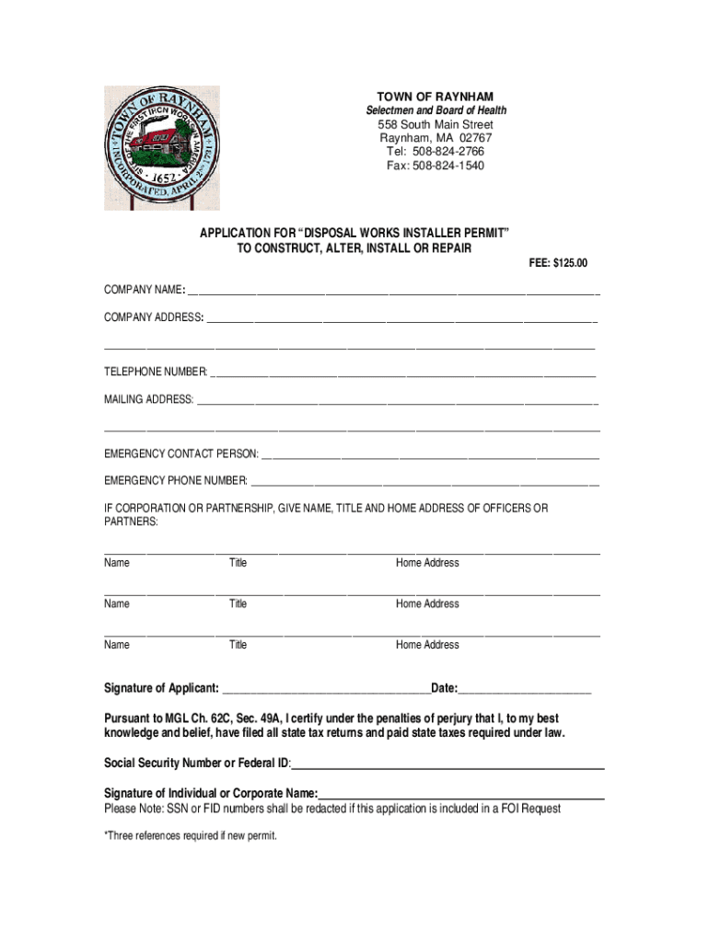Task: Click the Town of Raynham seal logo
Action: (x=162, y=147)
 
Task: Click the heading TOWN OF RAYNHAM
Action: (x=435, y=97)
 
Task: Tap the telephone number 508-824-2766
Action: (x=448, y=152)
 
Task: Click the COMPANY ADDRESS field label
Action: (x=154, y=317)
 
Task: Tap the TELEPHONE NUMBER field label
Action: (x=156, y=373)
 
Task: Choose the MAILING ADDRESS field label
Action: (x=149, y=399)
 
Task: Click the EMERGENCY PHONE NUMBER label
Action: (x=176, y=480)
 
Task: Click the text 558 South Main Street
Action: (x=435, y=125)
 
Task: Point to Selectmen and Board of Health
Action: (x=435, y=110)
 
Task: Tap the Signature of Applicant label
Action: (x=161, y=689)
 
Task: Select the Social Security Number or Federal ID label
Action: (x=197, y=764)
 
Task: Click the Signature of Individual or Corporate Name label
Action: (x=211, y=794)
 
